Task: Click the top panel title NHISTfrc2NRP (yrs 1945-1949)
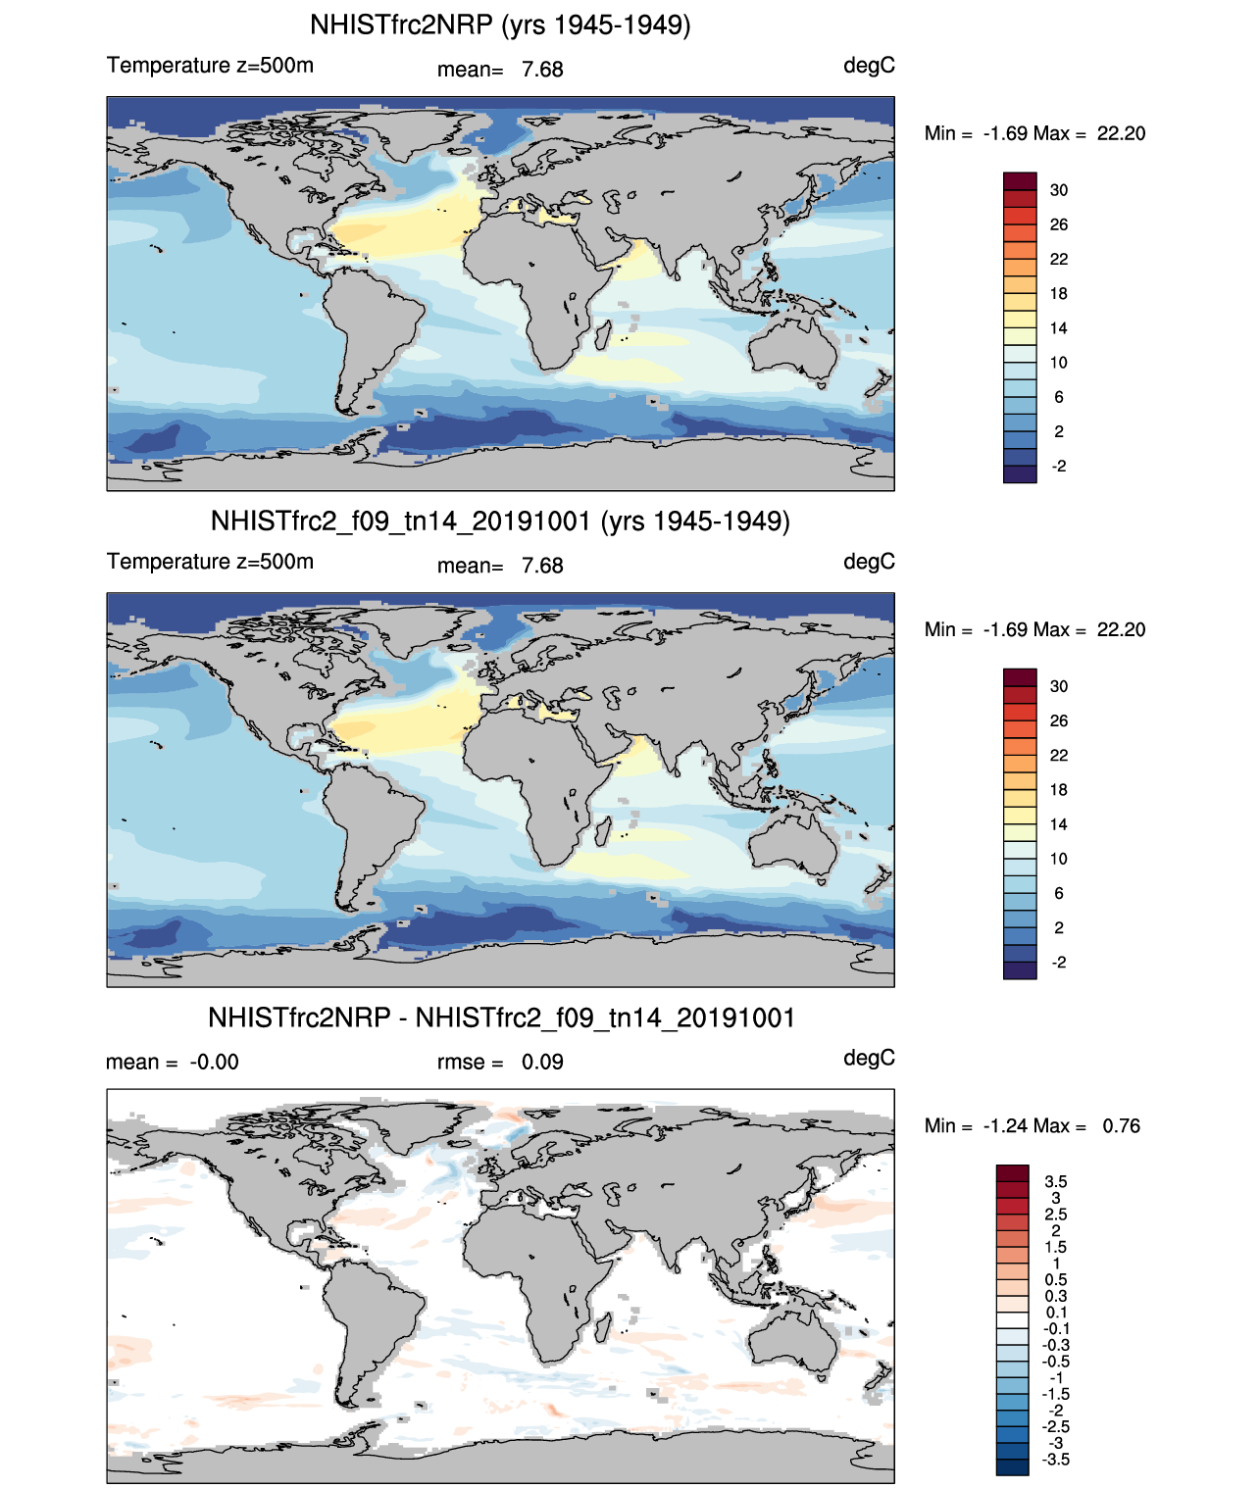click(x=500, y=25)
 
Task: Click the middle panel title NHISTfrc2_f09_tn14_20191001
click(x=500, y=521)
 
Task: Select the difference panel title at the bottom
click(x=500, y=1017)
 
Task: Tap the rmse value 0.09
click(x=542, y=1062)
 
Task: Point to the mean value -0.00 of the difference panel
click(x=214, y=1062)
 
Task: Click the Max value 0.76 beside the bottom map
click(x=1121, y=1125)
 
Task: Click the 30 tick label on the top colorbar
click(x=1059, y=190)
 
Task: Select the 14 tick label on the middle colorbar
click(x=1059, y=824)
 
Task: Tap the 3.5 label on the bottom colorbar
click(x=1056, y=1181)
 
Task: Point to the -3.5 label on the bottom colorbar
click(x=1056, y=1460)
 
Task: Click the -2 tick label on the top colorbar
click(x=1059, y=466)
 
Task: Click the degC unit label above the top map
click(x=869, y=66)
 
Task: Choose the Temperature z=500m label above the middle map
click(x=210, y=562)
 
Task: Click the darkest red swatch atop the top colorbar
click(x=1020, y=181)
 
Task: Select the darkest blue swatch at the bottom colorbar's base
click(x=1013, y=1466)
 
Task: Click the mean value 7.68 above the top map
click(x=542, y=70)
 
